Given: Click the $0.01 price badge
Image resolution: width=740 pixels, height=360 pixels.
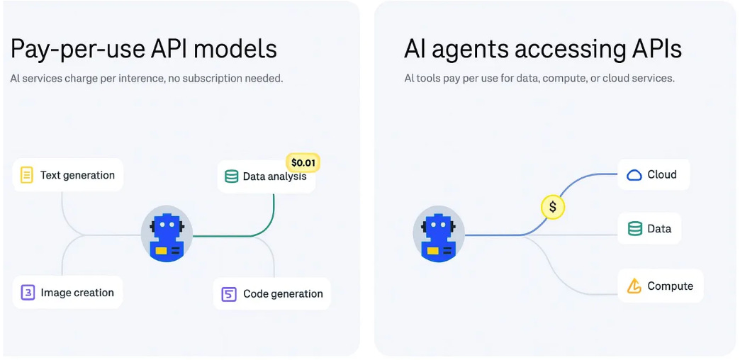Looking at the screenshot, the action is [303, 163].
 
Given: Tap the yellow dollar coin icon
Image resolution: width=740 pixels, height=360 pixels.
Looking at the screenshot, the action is [553, 207].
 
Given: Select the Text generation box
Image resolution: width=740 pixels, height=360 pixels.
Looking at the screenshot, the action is [68, 175].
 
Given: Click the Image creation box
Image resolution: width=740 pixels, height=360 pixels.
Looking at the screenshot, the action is [67, 293].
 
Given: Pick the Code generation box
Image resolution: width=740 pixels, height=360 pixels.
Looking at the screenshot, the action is [272, 293].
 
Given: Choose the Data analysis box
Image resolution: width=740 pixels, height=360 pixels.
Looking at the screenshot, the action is [266, 177].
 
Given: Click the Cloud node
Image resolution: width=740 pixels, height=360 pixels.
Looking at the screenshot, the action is [654, 174].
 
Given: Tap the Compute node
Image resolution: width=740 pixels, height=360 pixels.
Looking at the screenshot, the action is [661, 286].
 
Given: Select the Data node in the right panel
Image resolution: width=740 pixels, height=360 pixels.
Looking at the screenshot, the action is [649, 229].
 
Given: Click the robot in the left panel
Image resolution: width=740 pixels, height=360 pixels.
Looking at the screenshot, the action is [167, 234].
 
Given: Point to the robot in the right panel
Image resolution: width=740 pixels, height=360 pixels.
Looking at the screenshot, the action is [439, 234].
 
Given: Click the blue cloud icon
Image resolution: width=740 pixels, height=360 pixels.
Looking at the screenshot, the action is [634, 175].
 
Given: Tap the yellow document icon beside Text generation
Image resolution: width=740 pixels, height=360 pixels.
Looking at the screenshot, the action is [27, 175].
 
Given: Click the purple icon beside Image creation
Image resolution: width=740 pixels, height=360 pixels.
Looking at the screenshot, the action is [28, 293].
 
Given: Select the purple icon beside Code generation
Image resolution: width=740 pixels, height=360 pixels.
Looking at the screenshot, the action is [229, 294].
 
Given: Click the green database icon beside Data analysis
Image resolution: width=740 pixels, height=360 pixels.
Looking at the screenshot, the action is [231, 176].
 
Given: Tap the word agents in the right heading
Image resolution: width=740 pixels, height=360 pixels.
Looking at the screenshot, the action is [479, 50].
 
